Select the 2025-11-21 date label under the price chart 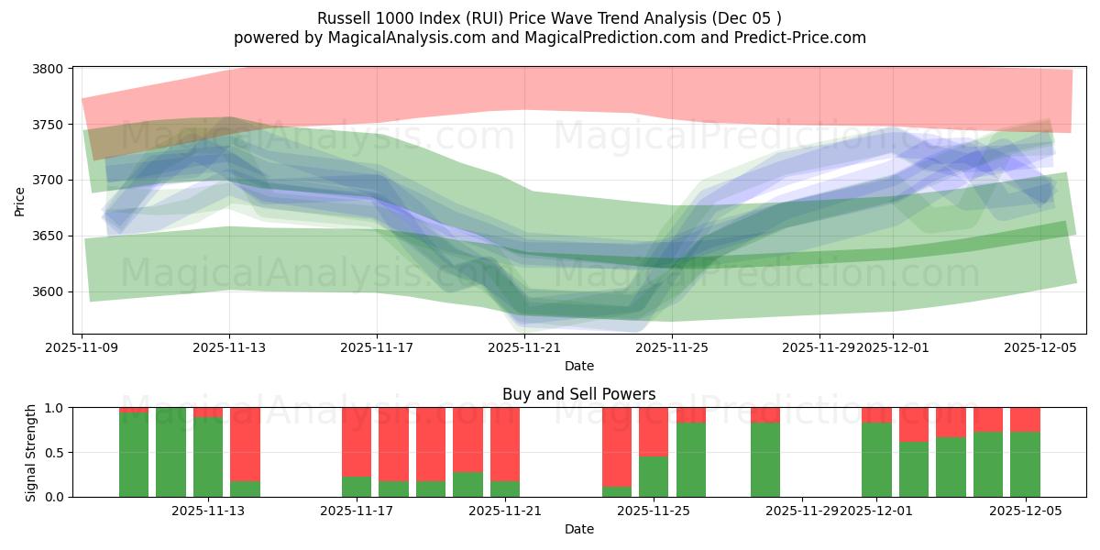click(524, 348)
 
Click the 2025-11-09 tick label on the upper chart click(82, 348)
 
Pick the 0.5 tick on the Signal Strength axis click(55, 453)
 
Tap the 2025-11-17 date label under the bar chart click(357, 511)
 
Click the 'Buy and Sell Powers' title click(578, 394)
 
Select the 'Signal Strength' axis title click(31, 452)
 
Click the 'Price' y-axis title click(20, 200)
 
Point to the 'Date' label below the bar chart click(578, 529)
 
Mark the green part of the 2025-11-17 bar click(357, 487)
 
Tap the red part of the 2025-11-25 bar click(654, 432)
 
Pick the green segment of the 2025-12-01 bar click(876, 459)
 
